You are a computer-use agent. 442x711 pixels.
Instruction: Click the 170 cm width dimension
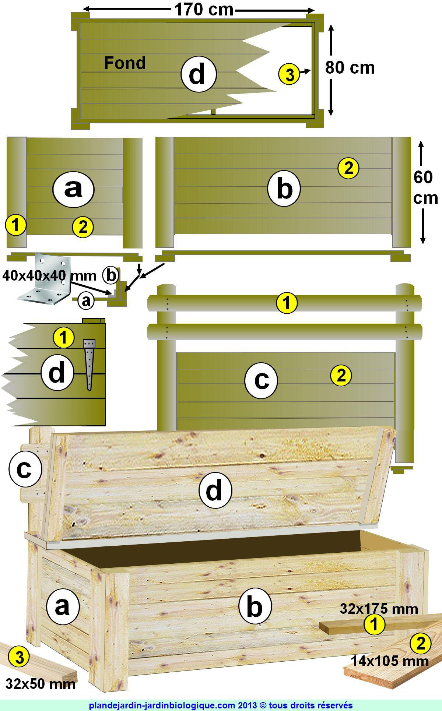pos(204,10)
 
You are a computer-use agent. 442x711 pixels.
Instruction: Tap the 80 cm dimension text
pos(350,68)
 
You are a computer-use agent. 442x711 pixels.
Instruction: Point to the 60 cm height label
pos(425,188)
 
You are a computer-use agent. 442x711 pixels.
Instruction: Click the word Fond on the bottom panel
pos(125,63)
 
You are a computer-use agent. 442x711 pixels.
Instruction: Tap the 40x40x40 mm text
pos(49,275)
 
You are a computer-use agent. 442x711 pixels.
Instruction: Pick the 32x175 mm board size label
pos(379,609)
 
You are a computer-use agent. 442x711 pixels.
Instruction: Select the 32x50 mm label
pos(41,684)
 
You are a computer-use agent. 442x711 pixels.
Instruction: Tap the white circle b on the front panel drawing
pos(284,189)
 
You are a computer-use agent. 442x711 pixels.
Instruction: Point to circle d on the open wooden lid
pos(215,490)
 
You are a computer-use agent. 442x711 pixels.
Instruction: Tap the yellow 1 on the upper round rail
pos(287,303)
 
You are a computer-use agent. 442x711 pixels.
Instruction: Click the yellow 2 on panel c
pos(341,376)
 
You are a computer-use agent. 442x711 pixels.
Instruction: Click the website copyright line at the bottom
pos(221,705)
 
